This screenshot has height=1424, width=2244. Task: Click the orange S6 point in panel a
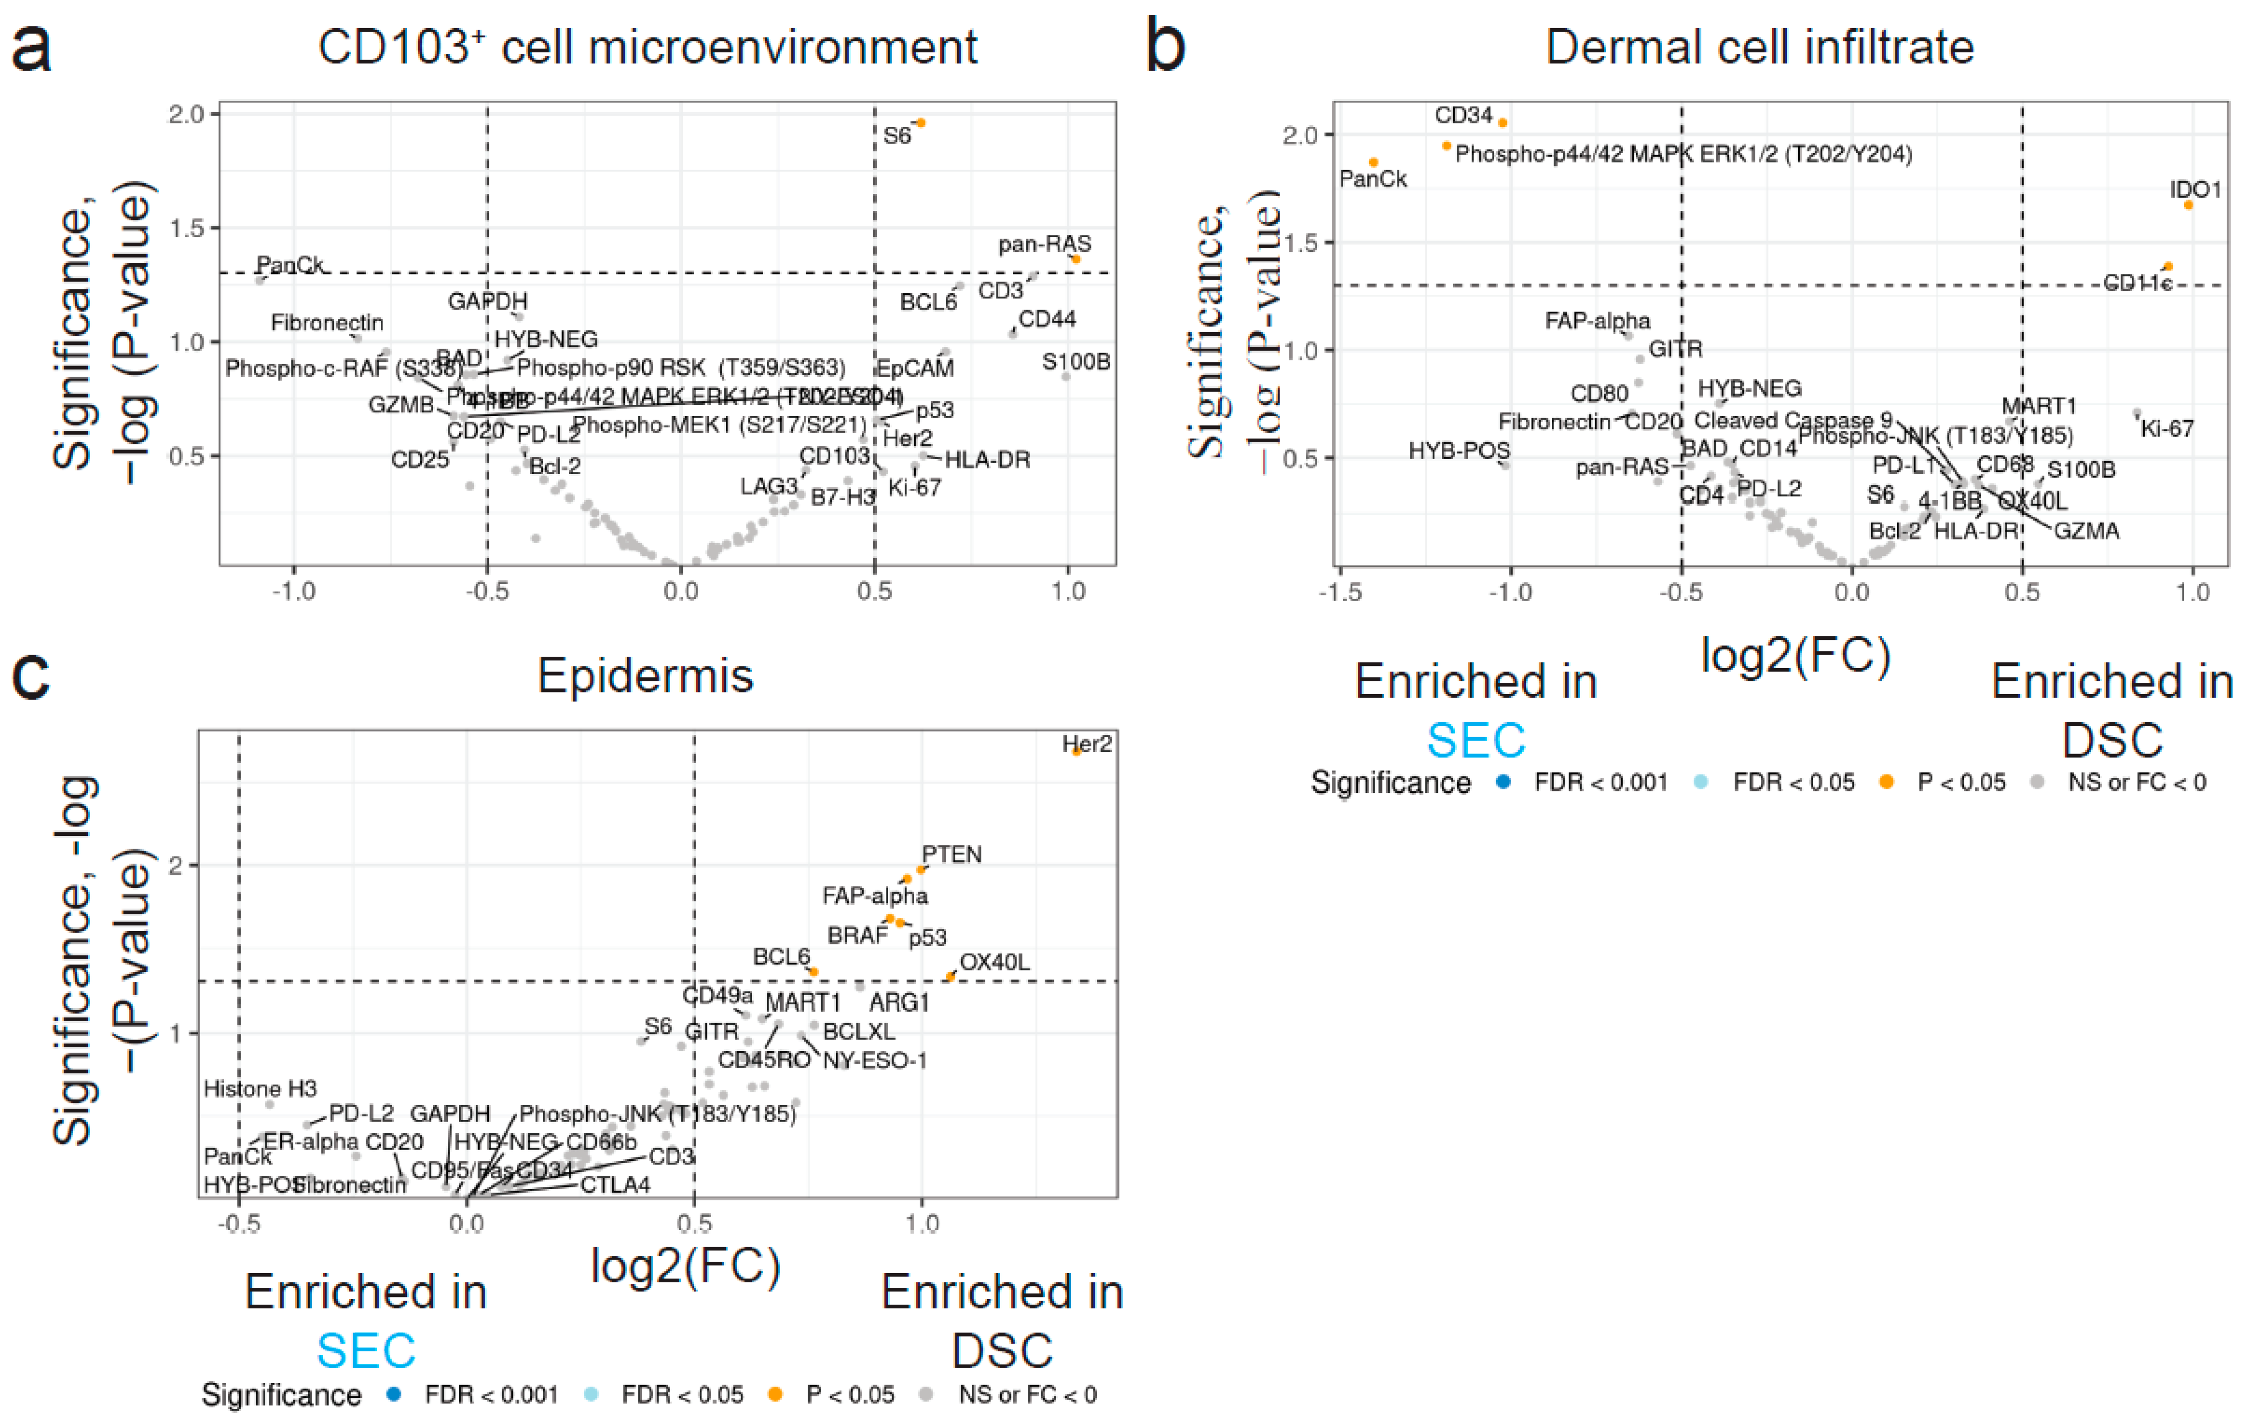coord(921,123)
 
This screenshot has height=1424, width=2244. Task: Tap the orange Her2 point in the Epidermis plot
coord(1076,751)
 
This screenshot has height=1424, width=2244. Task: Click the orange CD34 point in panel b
coord(1502,123)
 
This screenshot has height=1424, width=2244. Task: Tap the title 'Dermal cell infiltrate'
coord(1759,47)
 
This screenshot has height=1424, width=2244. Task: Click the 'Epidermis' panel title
coord(645,676)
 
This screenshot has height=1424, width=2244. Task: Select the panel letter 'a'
coord(31,49)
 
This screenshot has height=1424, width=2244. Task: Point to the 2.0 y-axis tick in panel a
coord(186,115)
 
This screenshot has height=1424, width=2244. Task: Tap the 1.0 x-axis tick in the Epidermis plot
coord(922,1224)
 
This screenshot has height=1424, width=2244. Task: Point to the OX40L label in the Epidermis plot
coord(995,962)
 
